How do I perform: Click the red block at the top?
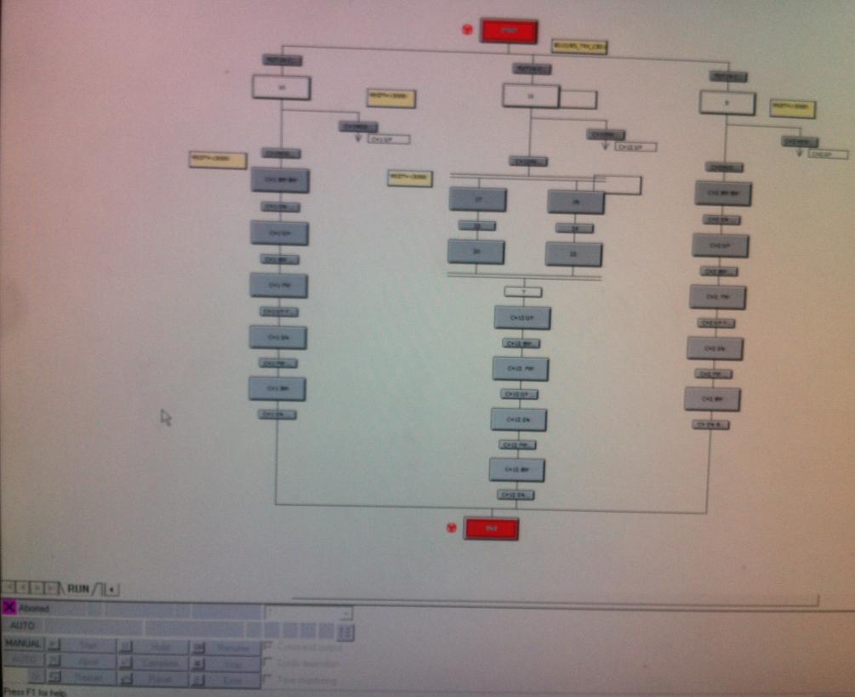(x=509, y=31)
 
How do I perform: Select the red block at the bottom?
(x=491, y=529)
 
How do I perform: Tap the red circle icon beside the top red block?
(x=467, y=29)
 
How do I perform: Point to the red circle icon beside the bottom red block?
(x=452, y=528)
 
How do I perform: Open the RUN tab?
(x=78, y=588)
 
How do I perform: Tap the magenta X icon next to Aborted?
(x=9, y=608)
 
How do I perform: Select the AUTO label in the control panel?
(x=23, y=626)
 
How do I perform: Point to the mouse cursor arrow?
(x=165, y=416)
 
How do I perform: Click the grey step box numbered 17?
(x=477, y=199)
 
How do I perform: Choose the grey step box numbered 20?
(x=476, y=252)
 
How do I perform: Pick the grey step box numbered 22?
(x=573, y=254)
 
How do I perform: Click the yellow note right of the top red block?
(x=579, y=46)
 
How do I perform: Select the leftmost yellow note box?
(x=218, y=160)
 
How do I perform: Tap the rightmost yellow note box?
(x=792, y=108)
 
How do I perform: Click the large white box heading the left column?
(x=281, y=87)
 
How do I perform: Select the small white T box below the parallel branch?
(x=522, y=292)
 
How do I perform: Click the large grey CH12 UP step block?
(x=522, y=317)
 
